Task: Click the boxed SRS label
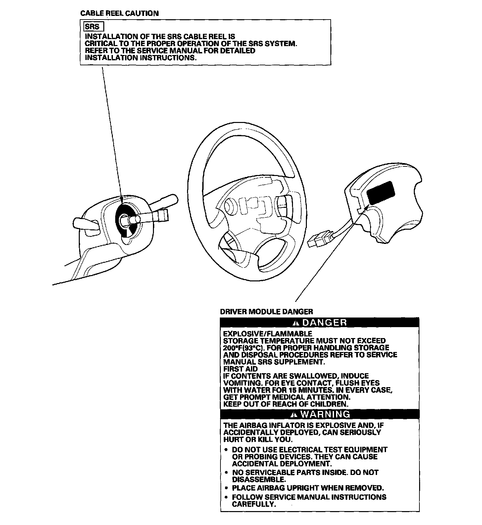click(x=92, y=27)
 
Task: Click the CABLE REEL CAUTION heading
click(x=120, y=14)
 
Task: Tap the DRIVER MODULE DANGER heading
click(x=266, y=312)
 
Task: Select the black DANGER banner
click(x=320, y=322)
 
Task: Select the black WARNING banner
click(x=320, y=414)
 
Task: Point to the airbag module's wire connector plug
click(x=320, y=239)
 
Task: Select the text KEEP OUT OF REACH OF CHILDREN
click(x=286, y=404)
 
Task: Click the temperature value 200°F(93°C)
click(x=244, y=348)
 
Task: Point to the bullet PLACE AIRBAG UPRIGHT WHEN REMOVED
click(x=308, y=488)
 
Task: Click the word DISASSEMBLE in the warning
click(x=258, y=479)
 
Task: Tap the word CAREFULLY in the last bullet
click(x=253, y=504)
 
